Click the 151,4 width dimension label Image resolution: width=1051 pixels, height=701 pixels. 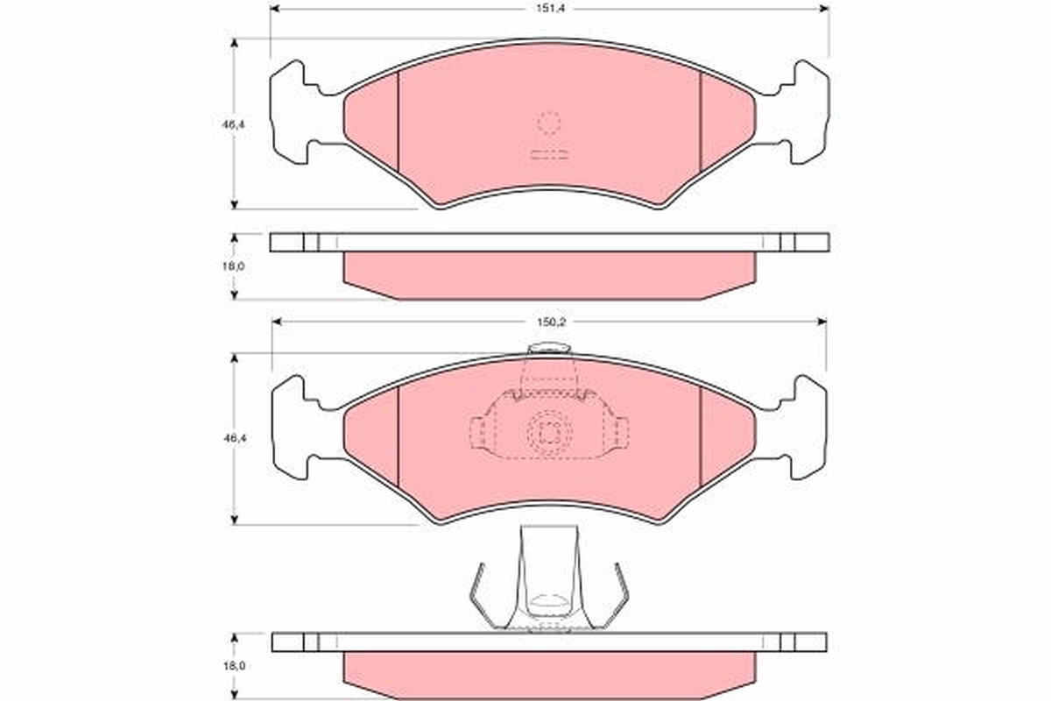point(551,9)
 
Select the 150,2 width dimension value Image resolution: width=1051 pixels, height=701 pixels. point(551,322)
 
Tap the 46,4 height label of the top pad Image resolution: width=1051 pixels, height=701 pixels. point(234,124)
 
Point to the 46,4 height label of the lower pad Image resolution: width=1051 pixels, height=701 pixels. point(235,438)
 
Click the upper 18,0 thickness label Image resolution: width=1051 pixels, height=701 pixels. point(234,266)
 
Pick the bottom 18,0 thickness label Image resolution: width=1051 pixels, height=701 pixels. point(234,666)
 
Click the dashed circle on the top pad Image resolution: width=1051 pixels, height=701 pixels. point(549,123)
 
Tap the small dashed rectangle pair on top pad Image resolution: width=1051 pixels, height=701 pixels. point(549,155)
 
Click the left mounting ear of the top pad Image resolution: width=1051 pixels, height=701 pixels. point(300,112)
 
